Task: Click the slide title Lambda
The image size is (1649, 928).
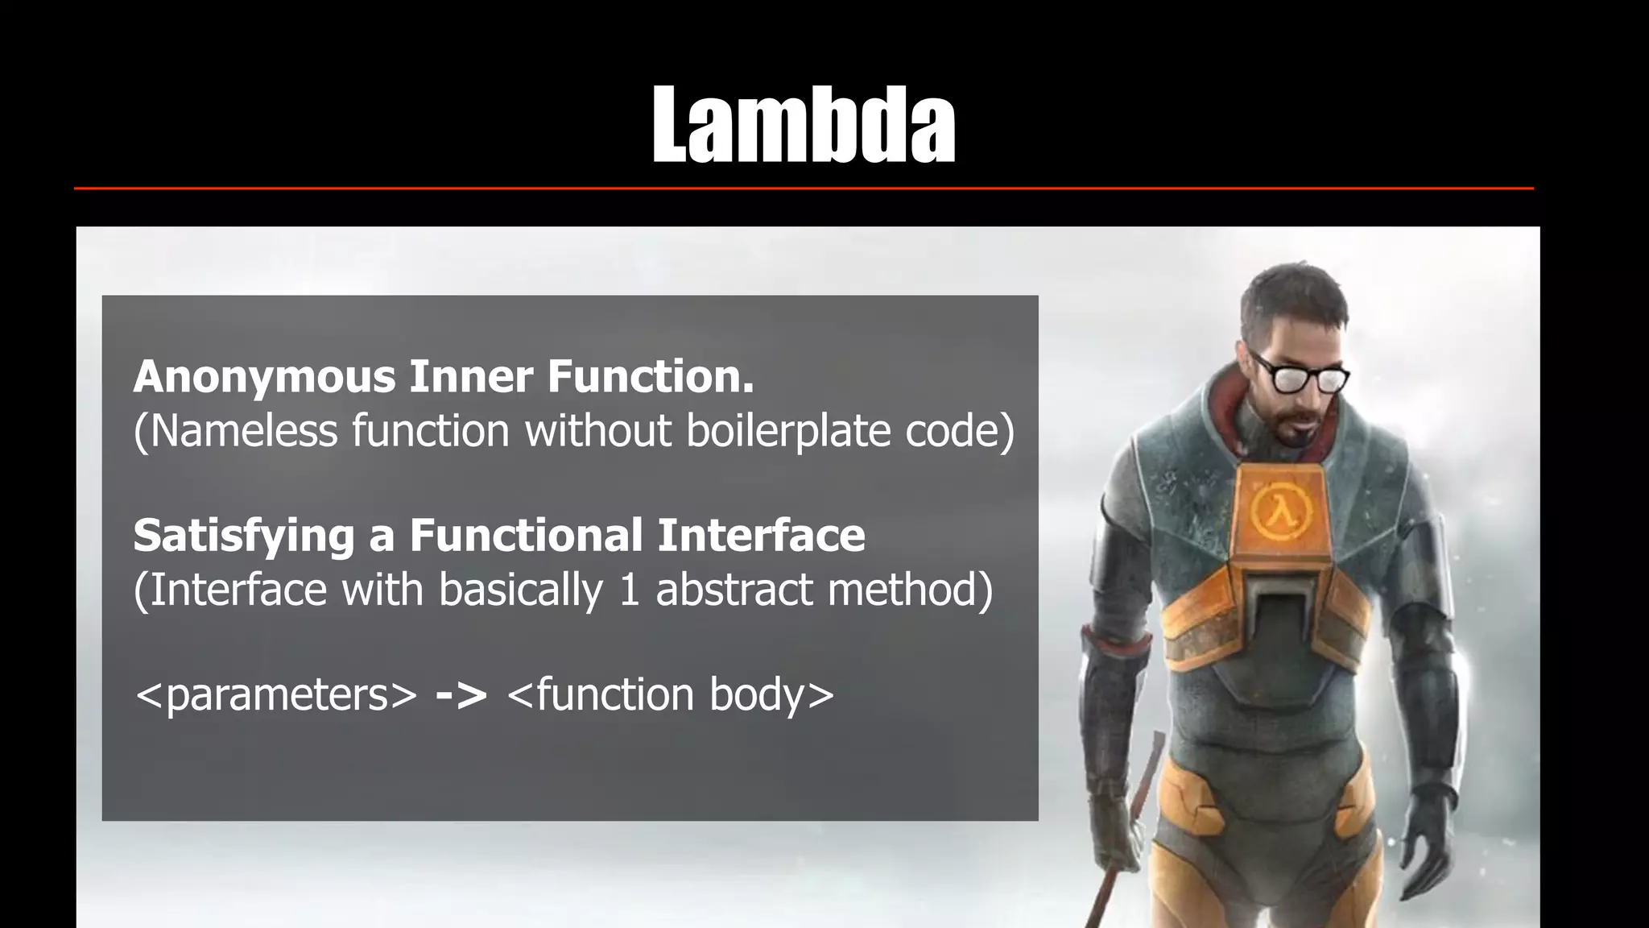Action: [804, 126]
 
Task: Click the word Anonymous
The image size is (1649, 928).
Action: [265, 377]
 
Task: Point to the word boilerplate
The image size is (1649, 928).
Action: [787, 431]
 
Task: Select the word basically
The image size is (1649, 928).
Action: [520, 590]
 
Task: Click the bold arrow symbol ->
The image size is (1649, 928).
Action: [461, 694]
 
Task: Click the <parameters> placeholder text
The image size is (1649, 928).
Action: [276, 694]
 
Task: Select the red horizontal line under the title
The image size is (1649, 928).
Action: [804, 188]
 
